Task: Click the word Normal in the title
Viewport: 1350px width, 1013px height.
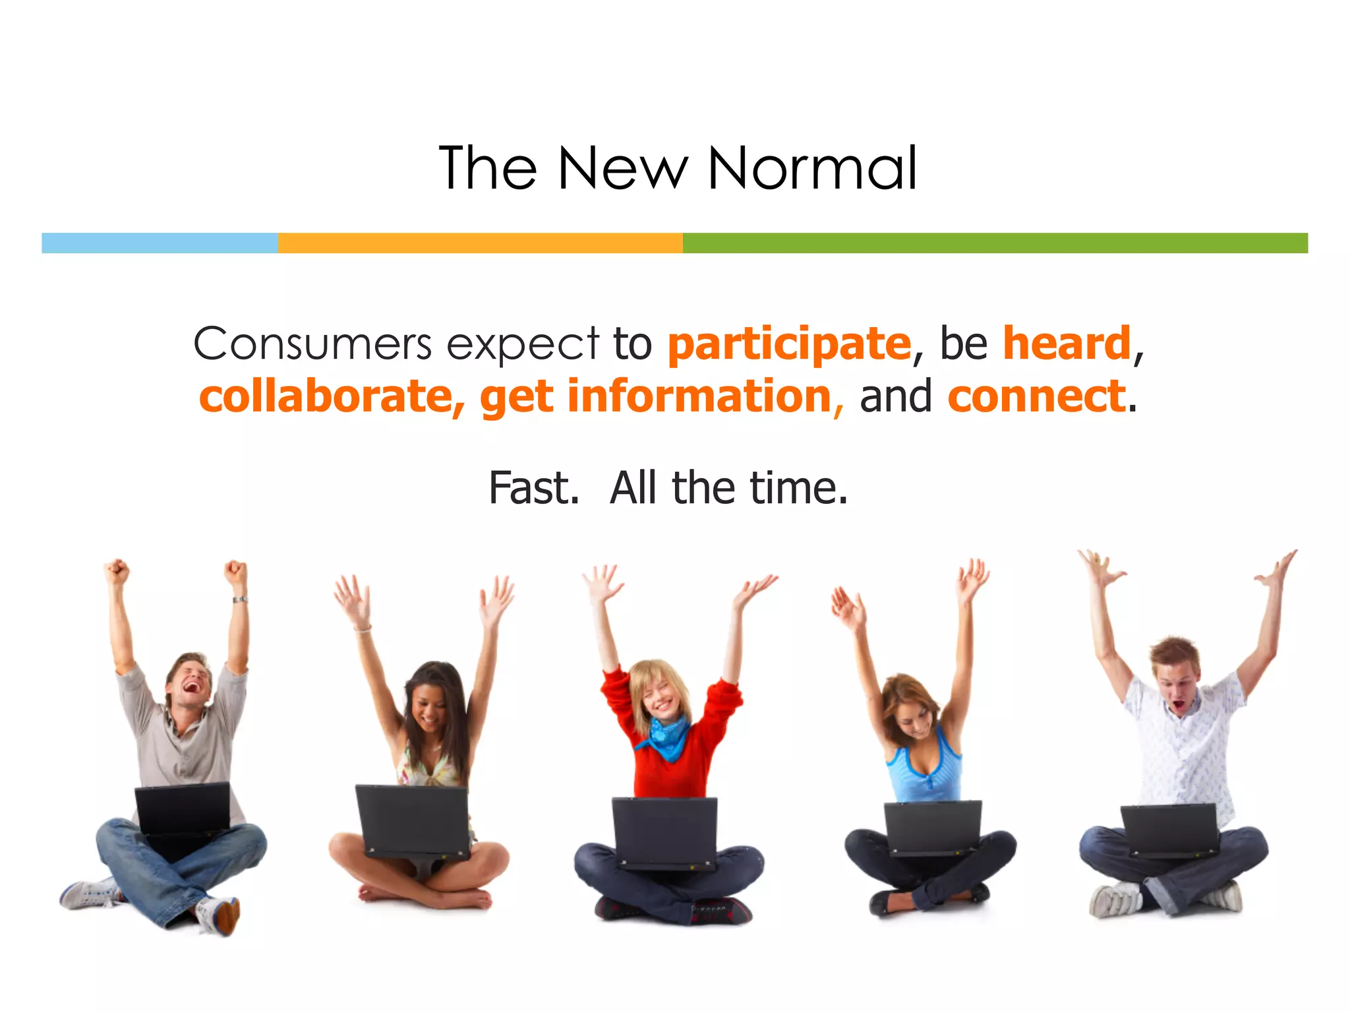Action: click(x=812, y=169)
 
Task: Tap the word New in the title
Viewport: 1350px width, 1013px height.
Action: click(x=622, y=169)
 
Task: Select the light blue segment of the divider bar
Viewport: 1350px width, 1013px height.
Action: click(x=160, y=243)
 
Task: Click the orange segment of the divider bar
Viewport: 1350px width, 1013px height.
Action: click(x=480, y=243)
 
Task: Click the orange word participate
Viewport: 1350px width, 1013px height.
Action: click(x=789, y=345)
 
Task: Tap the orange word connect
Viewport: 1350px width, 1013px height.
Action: click(x=1036, y=396)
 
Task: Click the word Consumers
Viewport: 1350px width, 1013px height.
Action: click(x=312, y=344)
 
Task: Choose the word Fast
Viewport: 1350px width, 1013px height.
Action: click(x=533, y=488)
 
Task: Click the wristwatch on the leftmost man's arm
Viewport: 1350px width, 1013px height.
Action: click(x=240, y=599)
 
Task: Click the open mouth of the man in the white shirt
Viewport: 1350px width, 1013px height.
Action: click(x=1179, y=707)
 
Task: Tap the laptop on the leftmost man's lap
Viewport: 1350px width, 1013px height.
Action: click(x=183, y=810)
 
